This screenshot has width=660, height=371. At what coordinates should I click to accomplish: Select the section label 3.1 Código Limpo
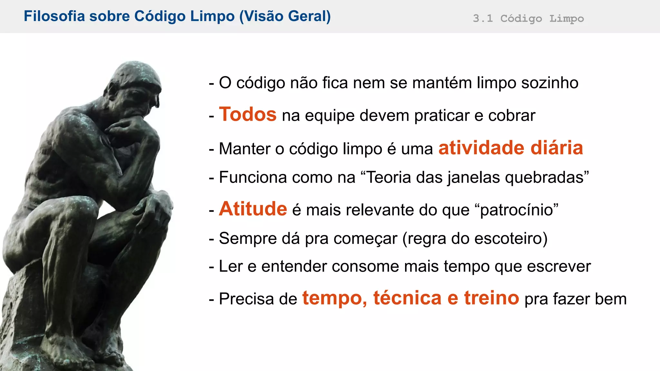[528, 18]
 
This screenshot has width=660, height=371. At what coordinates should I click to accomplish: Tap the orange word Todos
[247, 114]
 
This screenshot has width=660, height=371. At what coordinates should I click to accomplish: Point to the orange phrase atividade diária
[510, 148]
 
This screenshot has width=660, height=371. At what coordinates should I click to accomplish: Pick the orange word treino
[491, 298]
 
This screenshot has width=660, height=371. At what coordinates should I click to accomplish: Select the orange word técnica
[407, 298]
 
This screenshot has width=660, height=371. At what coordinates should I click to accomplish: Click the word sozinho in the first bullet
[550, 83]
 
